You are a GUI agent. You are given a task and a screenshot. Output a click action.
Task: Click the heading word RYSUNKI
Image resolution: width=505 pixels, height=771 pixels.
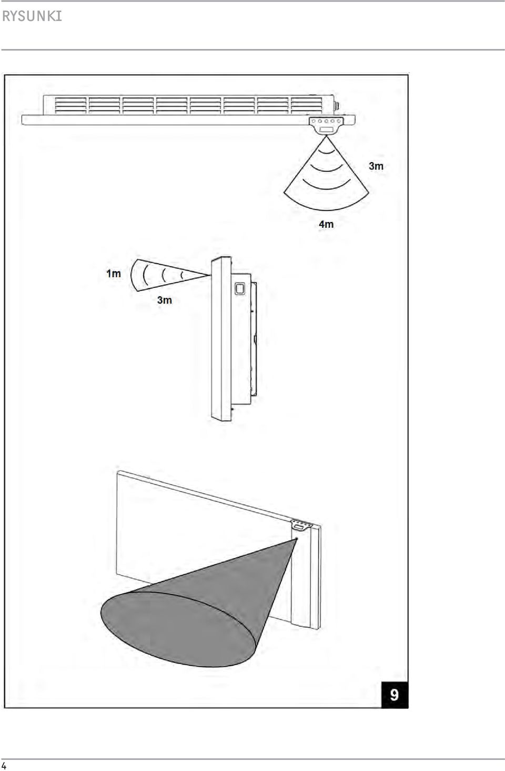32,16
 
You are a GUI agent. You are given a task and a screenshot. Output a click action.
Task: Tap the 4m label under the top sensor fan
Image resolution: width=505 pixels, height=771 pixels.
326,224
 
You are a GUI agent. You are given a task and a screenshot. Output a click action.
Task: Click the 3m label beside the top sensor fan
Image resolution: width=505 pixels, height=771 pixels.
376,166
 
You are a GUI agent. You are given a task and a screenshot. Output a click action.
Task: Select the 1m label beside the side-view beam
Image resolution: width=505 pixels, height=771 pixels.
114,274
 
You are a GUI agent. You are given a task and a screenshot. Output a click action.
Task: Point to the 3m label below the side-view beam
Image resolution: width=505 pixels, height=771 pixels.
165,300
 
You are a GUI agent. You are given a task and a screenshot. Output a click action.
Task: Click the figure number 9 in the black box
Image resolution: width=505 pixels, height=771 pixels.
394,695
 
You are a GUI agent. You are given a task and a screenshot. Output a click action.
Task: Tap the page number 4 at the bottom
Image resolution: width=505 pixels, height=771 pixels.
4,766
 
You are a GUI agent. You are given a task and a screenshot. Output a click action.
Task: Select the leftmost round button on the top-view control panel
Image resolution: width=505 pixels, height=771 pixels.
314,121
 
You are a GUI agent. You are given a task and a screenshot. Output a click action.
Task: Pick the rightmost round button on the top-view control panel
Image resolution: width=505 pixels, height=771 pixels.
339,121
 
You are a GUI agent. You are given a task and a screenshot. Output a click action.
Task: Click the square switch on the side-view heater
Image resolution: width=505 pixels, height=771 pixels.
240,288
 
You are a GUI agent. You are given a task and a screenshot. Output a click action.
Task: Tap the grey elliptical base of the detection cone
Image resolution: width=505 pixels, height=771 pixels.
178,629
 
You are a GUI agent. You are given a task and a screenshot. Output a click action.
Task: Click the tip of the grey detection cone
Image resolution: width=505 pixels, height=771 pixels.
296,539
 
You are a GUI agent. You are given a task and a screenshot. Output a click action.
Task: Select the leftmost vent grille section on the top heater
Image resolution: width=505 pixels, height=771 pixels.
70,105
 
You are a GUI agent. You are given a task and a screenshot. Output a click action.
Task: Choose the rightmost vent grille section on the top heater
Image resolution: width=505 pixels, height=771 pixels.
307,105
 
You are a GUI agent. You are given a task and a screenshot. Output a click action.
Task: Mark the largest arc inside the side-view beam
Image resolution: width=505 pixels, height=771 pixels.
145,275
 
